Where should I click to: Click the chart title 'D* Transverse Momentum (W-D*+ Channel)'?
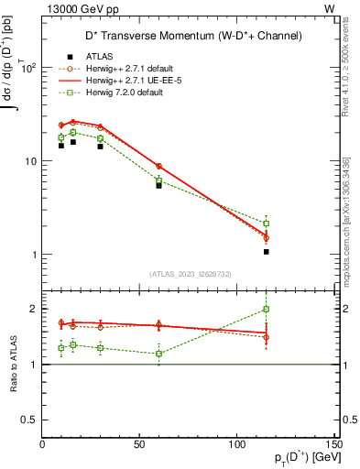(190, 36)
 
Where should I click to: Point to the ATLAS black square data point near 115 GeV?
(267, 251)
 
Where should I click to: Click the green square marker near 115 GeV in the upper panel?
(267, 224)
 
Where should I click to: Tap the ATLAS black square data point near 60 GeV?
(158, 185)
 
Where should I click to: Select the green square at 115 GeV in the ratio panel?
(267, 309)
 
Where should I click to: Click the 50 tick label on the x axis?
(140, 444)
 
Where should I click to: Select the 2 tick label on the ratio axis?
(34, 309)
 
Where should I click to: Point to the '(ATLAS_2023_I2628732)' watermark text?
(190, 272)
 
